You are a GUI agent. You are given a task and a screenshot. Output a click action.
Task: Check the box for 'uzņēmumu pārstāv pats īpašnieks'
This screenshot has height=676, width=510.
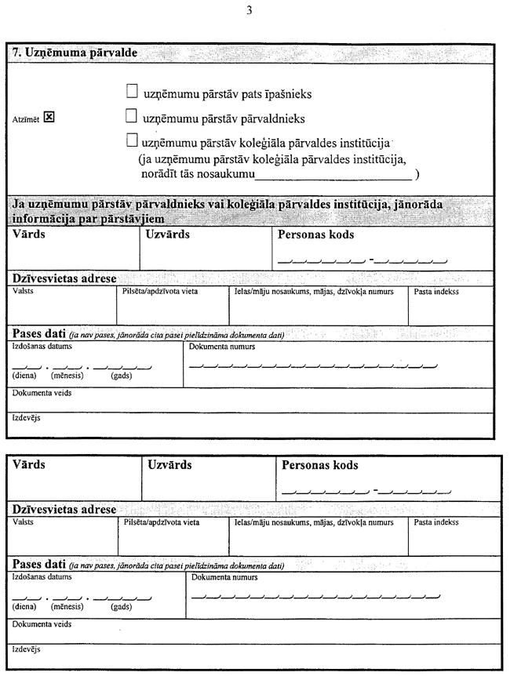pos(132,93)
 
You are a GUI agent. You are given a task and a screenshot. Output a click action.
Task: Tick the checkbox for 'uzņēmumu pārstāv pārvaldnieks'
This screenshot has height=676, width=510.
pos(132,118)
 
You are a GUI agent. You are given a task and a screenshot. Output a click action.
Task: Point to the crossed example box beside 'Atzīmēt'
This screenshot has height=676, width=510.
pos(49,118)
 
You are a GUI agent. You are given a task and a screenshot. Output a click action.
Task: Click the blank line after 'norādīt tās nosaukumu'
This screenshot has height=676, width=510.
pos(335,176)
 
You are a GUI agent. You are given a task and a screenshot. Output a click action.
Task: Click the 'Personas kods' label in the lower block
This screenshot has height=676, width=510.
pos(320,465)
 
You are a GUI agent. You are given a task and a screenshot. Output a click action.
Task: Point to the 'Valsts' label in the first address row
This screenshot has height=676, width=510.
pos(24,292)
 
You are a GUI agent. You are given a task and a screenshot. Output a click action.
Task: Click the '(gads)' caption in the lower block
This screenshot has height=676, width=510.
pos(121,606)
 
